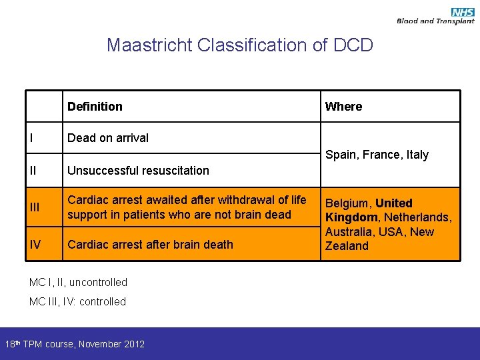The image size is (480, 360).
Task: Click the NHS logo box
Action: coord(463,12)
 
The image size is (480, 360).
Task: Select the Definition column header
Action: coord(95,107)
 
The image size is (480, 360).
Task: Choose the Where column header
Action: coord(343,107)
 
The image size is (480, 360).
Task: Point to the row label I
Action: coord(31,138)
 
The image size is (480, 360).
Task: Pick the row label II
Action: coord(33,170)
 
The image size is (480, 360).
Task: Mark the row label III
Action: coord(35,207)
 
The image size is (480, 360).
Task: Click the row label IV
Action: coord(36,244)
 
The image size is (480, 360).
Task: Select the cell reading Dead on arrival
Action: coord(108,138)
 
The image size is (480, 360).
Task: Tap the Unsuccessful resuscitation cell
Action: coord(138,170)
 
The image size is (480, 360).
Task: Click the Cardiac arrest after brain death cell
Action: coord(150,244)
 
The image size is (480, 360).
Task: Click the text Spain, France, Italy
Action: coord(377,155)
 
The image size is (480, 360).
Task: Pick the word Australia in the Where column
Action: coord(349,232)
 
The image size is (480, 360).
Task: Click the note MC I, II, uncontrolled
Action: coord(78,282)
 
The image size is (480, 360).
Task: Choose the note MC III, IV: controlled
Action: coord(77,301)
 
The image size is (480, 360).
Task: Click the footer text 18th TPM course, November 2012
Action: coord(75,344)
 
